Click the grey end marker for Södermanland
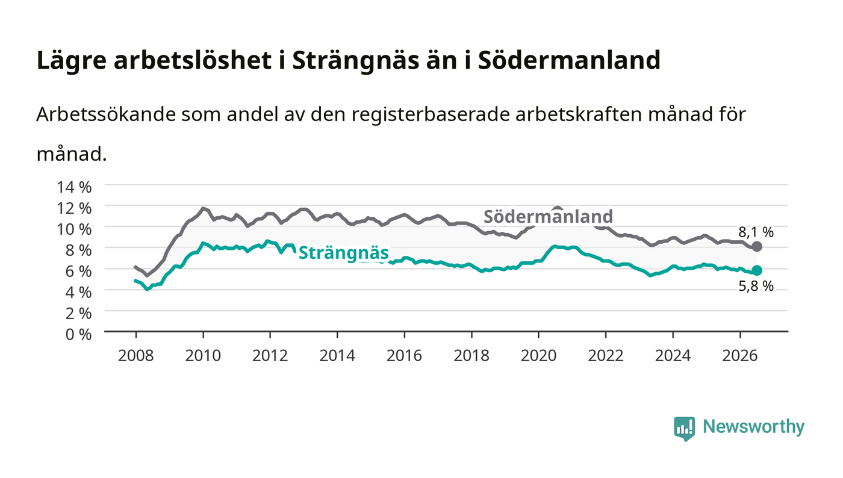click(757, 247)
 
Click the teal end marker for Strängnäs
click(757, 270)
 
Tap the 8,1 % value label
click(756, 232)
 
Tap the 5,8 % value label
click(756, 287)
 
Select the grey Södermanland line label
click(548, 216)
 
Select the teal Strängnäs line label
click(343, 253)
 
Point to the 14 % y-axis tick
click(74, 187)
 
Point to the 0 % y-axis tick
click(79, 334)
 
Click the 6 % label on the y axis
click(79, 271)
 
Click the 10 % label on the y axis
click(74, 229)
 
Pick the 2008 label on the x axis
click(136, 356)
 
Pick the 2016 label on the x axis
click(404, 356)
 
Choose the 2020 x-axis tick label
click(538, 356)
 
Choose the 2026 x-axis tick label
click(740, 356)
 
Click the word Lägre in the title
click(72, 61)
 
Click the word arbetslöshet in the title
click(193, 60)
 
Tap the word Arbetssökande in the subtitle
click(106, 114)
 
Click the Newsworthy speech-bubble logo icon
click(685, 429)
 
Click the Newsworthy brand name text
click(753, 427)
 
